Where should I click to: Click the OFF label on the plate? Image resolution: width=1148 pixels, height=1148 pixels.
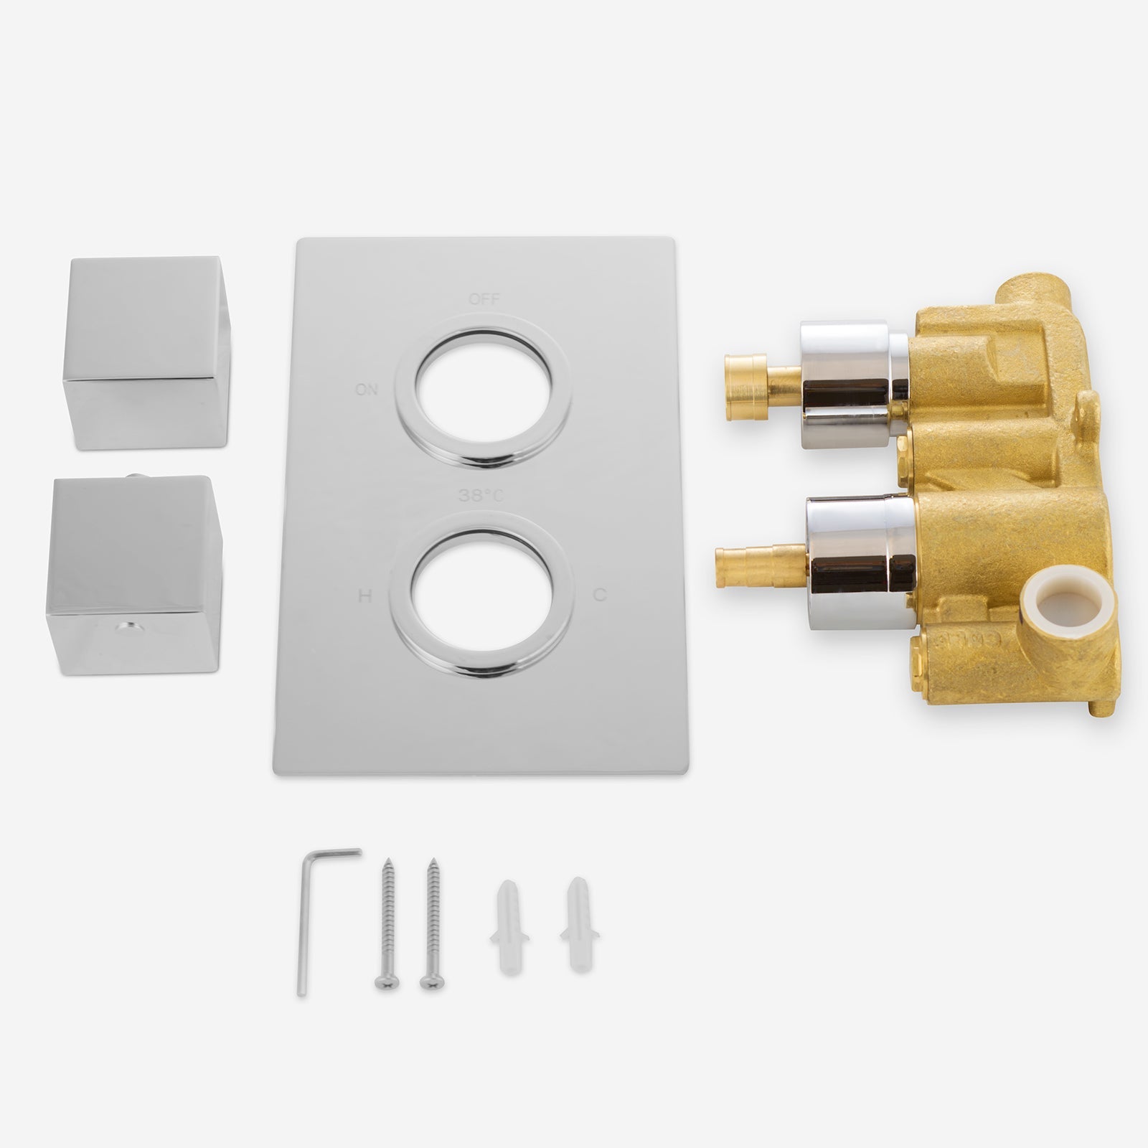coord(484,299)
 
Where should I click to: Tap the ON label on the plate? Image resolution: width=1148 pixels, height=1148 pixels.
coord(366,390)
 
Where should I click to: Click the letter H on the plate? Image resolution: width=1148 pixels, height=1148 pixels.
coord(364,596)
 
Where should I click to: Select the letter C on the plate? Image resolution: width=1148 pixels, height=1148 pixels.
coord(601,595)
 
